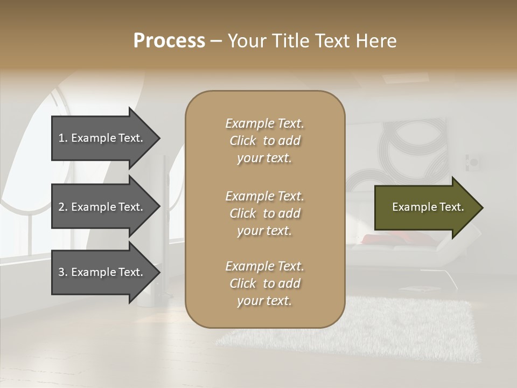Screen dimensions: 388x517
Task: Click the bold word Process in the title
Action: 169,41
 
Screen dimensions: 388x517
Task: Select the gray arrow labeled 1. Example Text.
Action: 102,138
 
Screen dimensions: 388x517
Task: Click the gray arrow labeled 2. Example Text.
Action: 102,207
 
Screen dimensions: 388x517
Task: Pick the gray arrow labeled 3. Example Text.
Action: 102,272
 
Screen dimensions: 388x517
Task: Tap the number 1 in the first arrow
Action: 61,138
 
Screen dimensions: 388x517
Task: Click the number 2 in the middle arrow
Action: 61,207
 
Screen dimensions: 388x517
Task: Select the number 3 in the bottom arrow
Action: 61,272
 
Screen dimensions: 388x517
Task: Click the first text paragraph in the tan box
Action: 264,141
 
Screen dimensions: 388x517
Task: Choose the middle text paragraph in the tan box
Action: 264,213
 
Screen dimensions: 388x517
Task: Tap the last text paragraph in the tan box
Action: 264,283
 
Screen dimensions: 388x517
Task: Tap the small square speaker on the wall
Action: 474,162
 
